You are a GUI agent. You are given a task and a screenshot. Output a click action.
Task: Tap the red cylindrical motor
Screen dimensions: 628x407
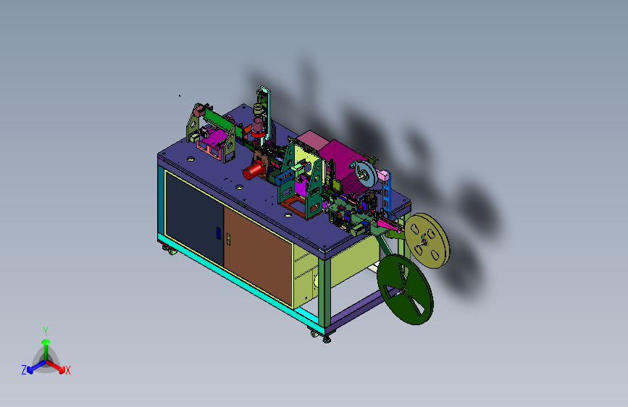pyautogui.click(x=254, y=170)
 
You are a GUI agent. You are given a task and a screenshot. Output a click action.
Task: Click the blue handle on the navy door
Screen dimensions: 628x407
pyautogui.click(x=218, y=233)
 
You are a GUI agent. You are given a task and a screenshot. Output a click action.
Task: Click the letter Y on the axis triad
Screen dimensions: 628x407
pyautogui.click(x=46, y=332)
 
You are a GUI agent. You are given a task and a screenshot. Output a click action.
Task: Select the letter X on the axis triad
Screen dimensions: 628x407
pyautogui.click(x=67, y=371)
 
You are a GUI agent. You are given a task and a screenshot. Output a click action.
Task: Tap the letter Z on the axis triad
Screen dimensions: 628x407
pyautogui.click(x=24, y=370)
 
